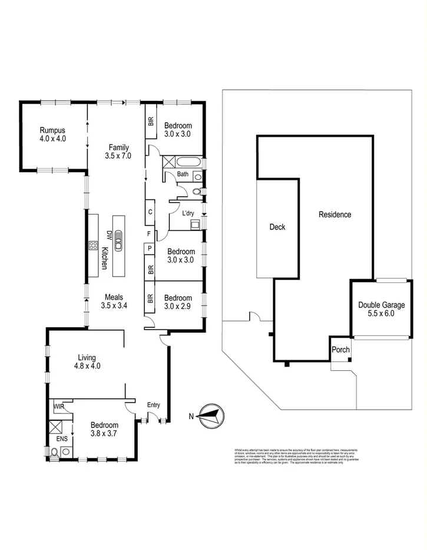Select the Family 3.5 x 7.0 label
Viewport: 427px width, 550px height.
(x=117, y=152)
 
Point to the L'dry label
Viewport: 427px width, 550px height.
(x=188, y=213)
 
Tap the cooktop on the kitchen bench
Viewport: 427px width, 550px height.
(x=93, y=245)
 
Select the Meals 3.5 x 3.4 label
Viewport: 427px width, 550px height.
(x=114, y=301)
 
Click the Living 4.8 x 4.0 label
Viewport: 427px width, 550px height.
(x=87, y=361)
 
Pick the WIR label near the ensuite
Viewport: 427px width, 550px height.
(x=58, y=407)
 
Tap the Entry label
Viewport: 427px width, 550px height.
(x=153, y=404)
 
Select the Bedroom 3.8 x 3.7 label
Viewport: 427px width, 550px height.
(x=104, y=429)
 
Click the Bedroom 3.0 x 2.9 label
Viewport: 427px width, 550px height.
(x=178, y=302)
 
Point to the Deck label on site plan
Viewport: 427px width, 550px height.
(x=277, y=226)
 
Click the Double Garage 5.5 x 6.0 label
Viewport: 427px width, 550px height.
(x=380, y=309)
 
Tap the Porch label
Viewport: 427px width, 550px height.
(x=340, y=350)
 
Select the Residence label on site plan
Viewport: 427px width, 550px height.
(x=335, y=215)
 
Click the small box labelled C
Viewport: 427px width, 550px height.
(x=150, y=212)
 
